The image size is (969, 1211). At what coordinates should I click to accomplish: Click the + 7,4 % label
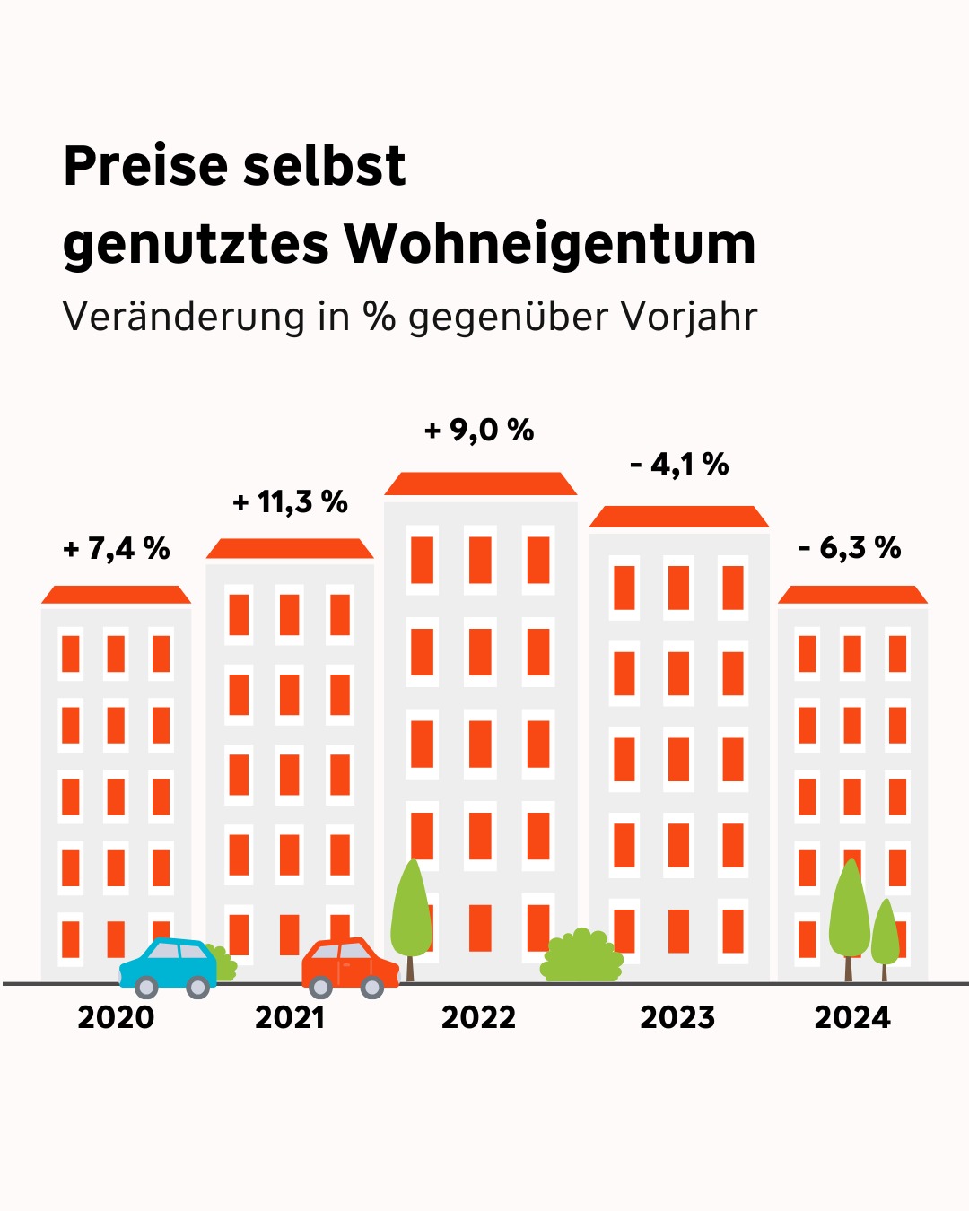117,548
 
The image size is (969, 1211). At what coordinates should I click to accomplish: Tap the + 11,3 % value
290,501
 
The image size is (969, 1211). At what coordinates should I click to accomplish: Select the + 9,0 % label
479,431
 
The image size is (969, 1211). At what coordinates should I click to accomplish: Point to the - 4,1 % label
679,465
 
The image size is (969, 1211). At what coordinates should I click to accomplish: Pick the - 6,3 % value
850,547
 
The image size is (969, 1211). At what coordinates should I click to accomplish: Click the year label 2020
116,1017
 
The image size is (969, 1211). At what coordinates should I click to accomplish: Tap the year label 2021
289,1017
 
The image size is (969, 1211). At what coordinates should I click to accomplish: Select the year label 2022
478,1017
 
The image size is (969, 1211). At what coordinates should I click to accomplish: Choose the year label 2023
677,1017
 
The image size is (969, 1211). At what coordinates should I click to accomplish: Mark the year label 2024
852,1017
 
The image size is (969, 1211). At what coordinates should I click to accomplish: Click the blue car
167,965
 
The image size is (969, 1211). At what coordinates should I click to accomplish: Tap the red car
349,965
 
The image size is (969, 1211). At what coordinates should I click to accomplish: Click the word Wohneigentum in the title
549,244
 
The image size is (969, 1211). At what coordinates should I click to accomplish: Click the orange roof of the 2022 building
480,484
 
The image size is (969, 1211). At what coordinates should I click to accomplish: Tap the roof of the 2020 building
116,595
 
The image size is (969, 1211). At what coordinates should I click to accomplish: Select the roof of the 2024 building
852,595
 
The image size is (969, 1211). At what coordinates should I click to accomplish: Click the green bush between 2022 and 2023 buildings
581,957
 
